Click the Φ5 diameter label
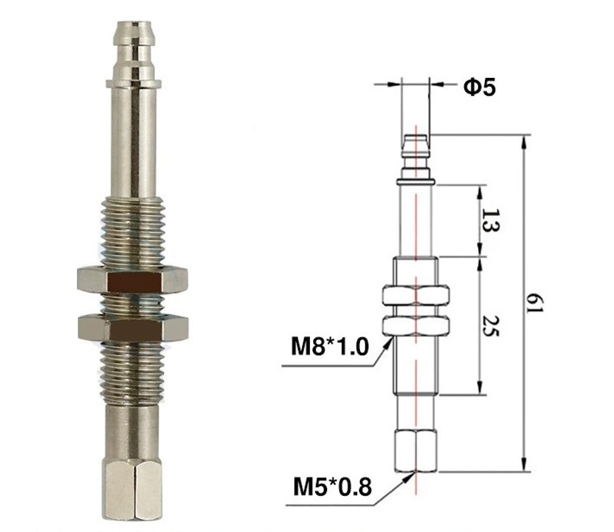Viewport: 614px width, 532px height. click(x=478, y=87)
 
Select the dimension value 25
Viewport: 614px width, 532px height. click(x=489, y=326)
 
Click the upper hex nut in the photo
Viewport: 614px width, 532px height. click(x=132, y=280)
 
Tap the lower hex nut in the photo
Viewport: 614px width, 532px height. click(x=132, y=328)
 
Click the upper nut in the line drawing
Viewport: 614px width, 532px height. click(x=416, y=296)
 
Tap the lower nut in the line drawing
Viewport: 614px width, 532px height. click(x=416, y=325)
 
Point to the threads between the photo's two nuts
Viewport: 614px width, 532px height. click(x=132, y=304)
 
